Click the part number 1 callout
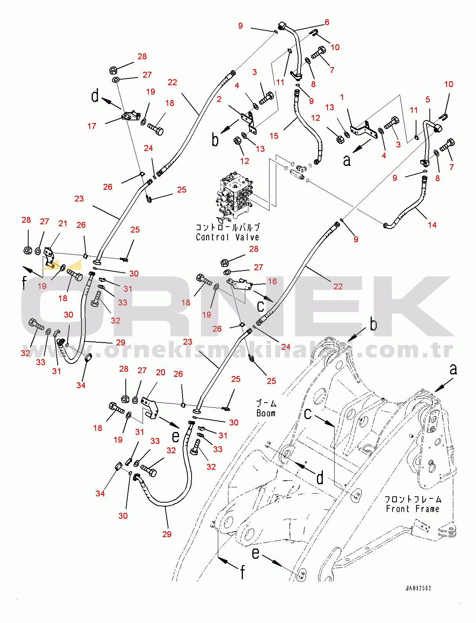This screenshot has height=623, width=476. [342, 97]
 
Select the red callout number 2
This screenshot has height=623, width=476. [219, 99]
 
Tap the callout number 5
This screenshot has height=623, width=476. [428, 100]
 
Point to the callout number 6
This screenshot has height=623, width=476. [327, 22]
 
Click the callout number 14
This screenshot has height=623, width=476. [432, 225]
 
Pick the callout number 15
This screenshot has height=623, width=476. [274, 136]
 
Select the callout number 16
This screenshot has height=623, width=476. [272, 281]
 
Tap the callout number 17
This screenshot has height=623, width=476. [92, 126]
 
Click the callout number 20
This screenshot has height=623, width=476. [161, 372]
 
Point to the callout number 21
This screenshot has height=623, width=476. [63, 223]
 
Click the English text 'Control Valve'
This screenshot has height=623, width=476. [227, 237]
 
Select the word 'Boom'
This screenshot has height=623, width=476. [266, 413]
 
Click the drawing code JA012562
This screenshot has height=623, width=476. [418, 588]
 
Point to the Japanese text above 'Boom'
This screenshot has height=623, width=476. [266, 403]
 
